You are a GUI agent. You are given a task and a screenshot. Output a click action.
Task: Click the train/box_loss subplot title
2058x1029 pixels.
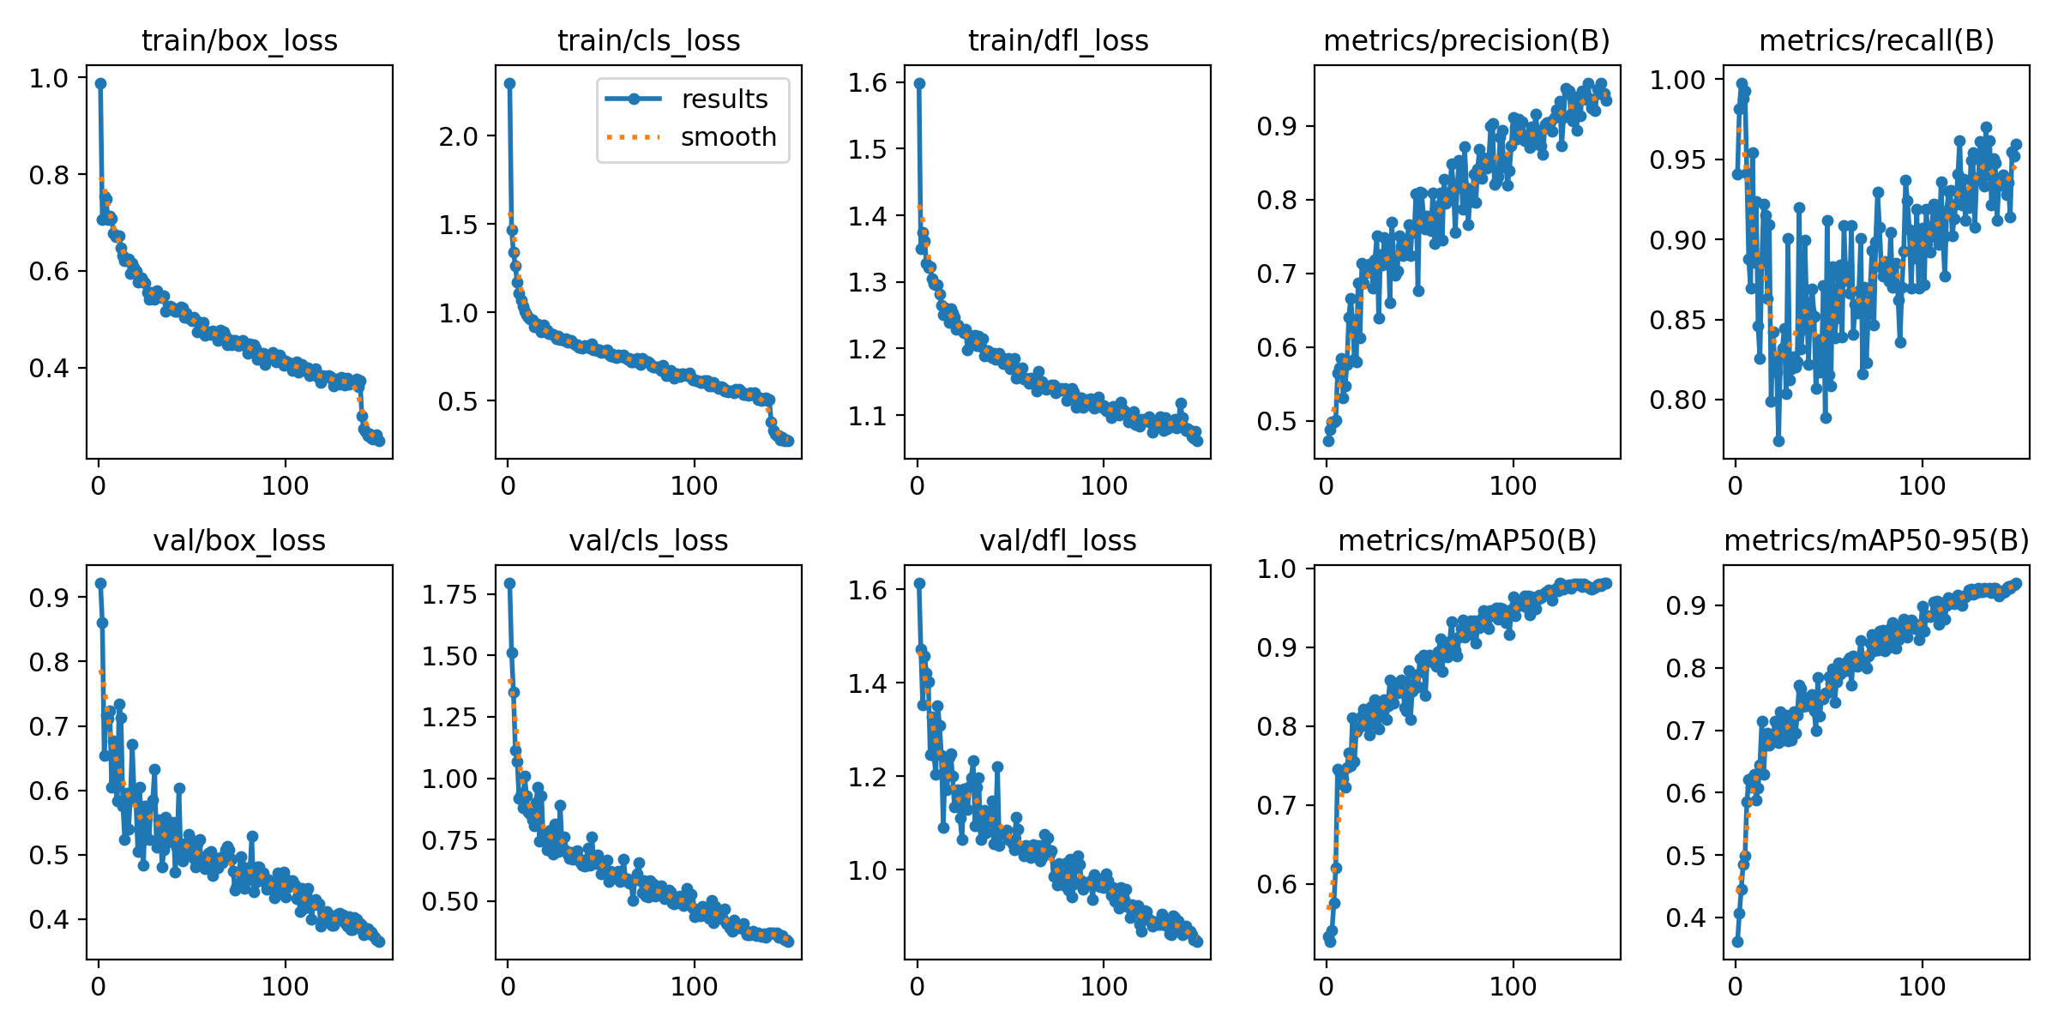point(239,40)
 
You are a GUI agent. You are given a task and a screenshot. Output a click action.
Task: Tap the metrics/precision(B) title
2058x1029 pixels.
point(1466,40)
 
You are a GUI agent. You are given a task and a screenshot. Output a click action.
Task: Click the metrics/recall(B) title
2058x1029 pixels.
point(1876,40)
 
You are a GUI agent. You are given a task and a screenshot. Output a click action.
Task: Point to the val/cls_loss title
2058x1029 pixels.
point(648,540)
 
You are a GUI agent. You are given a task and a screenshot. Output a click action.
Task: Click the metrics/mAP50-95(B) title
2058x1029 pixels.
point(1876,540)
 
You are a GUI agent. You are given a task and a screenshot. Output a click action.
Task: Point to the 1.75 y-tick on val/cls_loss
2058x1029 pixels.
point(448,593)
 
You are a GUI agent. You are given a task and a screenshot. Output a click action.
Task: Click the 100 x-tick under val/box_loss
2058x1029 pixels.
point(285,986)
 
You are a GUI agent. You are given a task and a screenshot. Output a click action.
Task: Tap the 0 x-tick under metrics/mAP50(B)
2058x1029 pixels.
point(1327,986)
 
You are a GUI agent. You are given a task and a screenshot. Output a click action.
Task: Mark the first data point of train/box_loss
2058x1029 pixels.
point(100,83)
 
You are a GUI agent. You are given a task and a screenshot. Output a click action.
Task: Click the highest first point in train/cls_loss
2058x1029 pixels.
point(509,83)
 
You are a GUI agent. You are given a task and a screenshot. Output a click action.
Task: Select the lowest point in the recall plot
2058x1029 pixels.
point(1778,441)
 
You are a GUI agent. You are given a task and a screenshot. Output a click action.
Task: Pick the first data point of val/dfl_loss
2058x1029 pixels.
point(919,583)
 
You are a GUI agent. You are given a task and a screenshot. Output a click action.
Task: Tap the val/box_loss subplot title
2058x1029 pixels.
point(239,540)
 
